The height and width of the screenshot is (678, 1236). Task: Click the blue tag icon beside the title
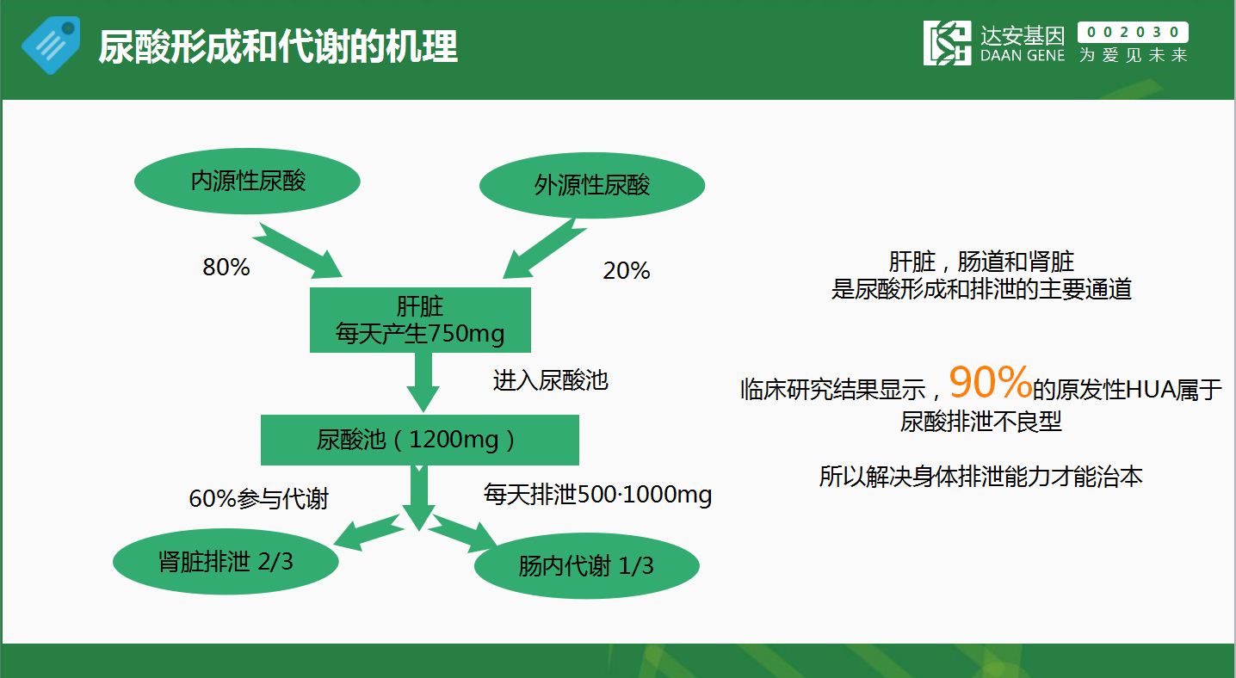point(51,46)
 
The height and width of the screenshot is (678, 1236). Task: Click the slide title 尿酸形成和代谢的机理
point(278,46)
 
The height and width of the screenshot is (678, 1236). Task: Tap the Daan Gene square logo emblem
point(947,43)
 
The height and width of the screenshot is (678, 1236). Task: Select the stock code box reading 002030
point(1133,32)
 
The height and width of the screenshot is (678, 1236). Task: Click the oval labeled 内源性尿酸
point(247,181)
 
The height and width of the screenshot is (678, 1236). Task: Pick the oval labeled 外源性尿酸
point(592,185)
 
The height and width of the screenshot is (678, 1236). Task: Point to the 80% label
point(226,267)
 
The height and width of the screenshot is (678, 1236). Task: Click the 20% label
point(627,270)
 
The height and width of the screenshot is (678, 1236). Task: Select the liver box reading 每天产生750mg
point(420,320)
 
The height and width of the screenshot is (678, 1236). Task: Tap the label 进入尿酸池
point(550,380)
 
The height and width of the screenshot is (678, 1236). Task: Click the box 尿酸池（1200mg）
point(420,440)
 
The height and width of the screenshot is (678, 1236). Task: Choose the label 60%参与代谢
point(259,499)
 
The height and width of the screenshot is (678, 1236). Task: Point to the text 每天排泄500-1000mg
point(597,494)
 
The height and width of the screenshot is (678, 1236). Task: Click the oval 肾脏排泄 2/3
point(226,562)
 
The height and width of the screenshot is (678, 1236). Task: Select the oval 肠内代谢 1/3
point(586,565)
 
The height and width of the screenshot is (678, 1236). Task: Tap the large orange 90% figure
point(991,382)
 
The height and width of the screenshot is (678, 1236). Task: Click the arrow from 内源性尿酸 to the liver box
point(298,250)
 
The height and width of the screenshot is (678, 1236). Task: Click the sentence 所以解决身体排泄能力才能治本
point(980,477)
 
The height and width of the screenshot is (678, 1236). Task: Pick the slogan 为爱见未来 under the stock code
point(1133,55)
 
